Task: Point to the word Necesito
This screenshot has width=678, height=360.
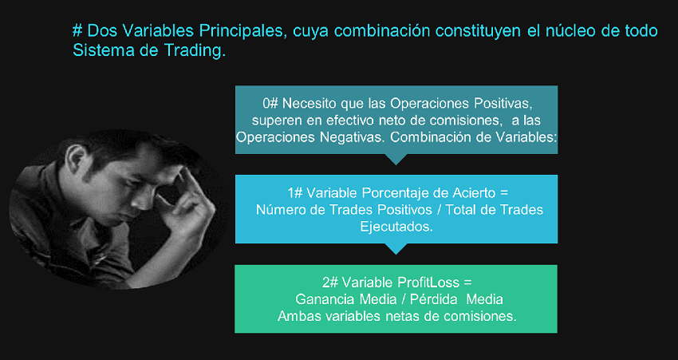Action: tap(308, 104)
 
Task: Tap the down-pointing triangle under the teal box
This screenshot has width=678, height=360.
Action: tap(396, 159)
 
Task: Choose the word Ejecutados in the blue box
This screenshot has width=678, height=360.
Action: tap(396, 226)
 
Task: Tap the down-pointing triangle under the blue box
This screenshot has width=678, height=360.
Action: tap(396, 248)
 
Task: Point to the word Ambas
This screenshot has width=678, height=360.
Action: tap(296, 316)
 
